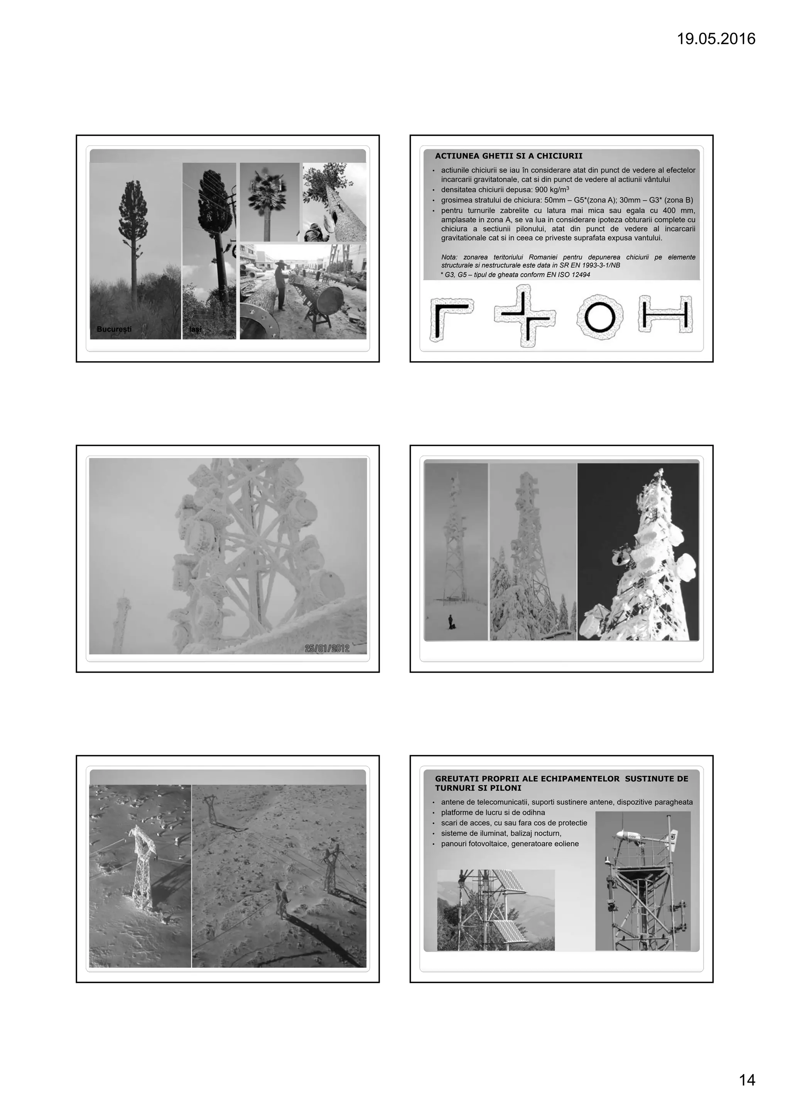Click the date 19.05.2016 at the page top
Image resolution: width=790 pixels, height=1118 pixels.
coord(716,39)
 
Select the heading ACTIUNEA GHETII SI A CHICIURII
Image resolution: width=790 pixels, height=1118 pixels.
coord(509,156)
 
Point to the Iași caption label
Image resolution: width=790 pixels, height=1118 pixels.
coord(195,330)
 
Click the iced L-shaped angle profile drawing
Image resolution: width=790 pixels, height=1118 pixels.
coord(450,319)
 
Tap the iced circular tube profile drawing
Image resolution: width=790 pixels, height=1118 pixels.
coord(600,317)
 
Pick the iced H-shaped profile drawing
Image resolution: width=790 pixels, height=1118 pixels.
coord(665,314)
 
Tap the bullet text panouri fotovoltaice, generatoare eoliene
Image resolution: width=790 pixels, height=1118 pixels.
coord(510,843)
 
